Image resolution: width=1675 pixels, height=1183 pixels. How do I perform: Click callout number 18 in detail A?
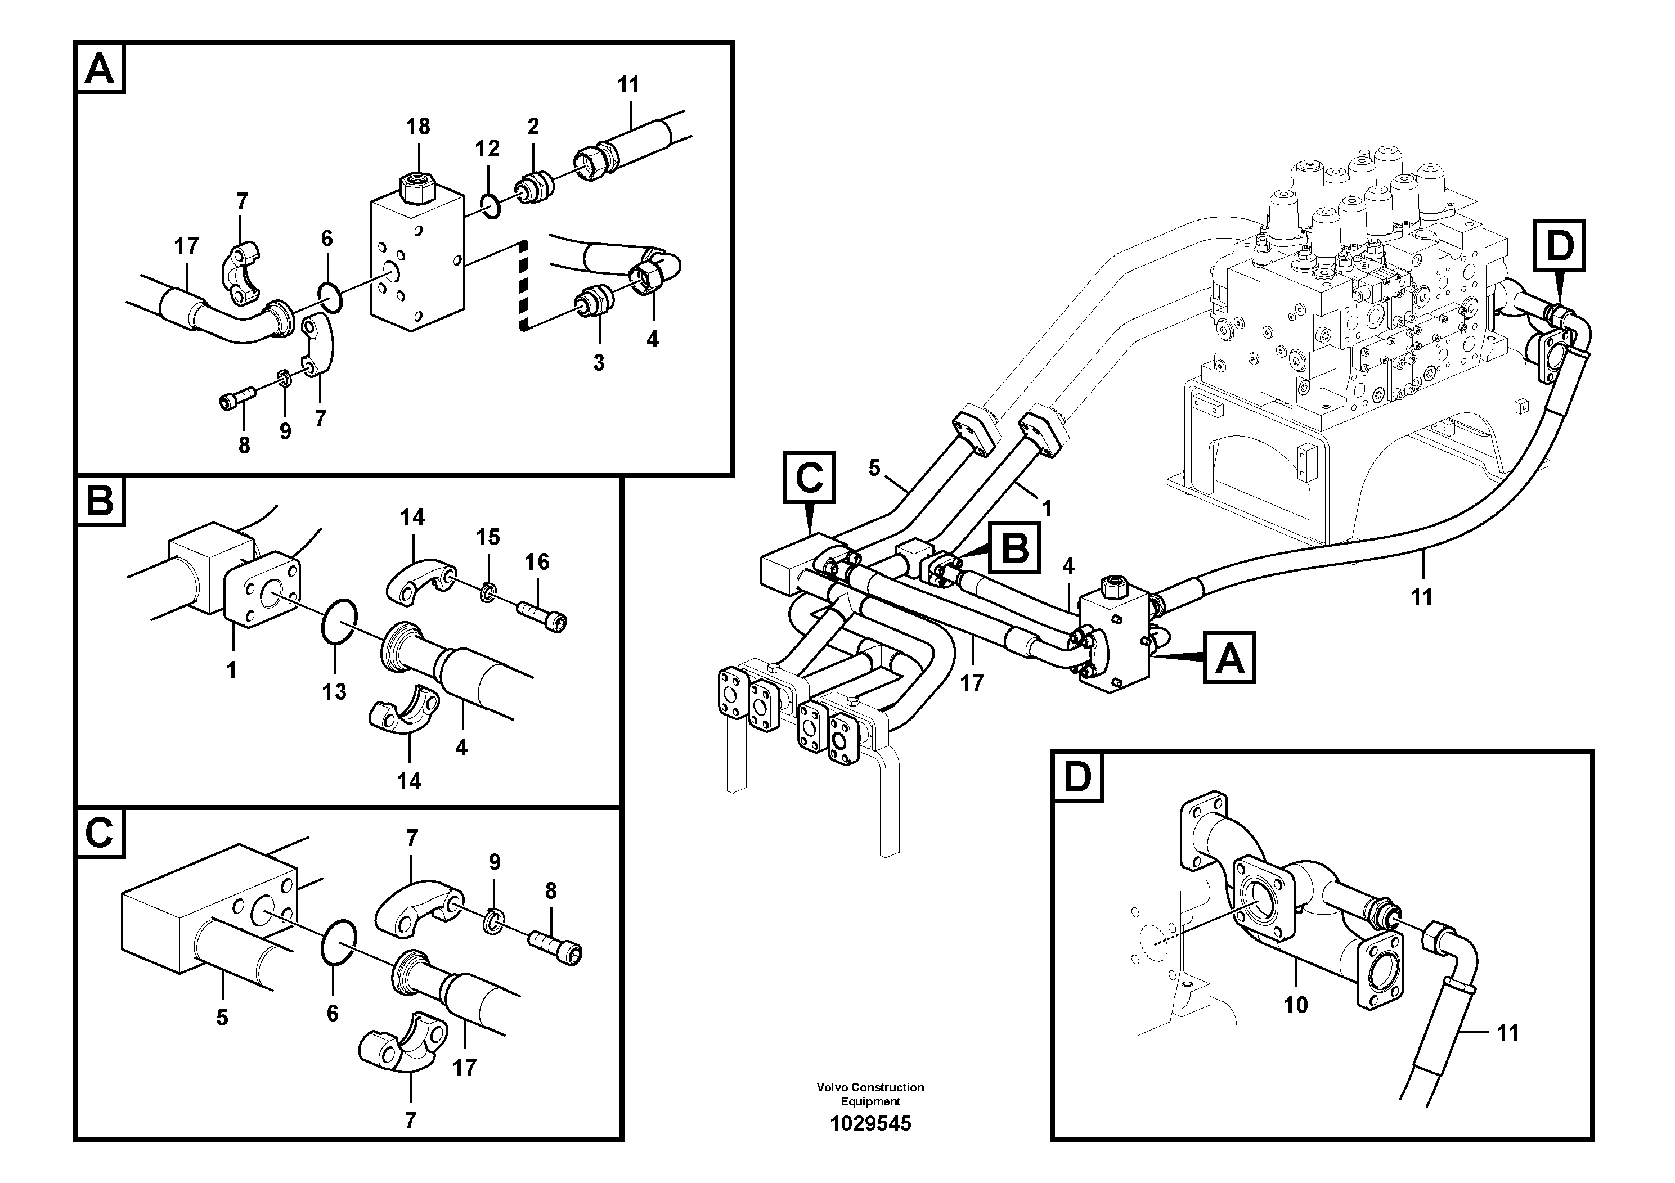[x=418, y=127]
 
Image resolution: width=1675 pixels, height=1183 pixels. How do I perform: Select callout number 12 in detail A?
[x=487, y=149]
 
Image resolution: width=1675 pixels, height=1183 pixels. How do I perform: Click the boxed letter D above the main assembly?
[x=1560, y=246]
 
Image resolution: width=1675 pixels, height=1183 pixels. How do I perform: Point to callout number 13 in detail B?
[x=334, y=691]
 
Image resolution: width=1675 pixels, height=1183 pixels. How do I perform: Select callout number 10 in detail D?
[x=1296, y=1005]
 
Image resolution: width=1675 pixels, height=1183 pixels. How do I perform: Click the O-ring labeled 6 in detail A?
[x=330, y=297]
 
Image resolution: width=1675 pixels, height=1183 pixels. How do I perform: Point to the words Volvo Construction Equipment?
[x=870, y=1094]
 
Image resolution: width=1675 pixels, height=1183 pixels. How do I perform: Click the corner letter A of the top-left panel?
[x=101, y=69]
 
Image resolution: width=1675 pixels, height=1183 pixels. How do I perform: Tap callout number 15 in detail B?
[x=487, y=538]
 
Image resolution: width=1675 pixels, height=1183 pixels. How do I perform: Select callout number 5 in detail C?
[x=222, y=1018]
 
